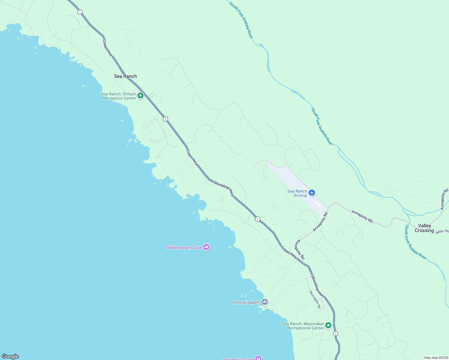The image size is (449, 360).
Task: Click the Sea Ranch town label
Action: tap(125, 76)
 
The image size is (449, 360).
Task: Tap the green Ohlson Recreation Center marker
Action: tap(140, 96)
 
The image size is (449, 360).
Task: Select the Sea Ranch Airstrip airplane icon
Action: tap(312, 193)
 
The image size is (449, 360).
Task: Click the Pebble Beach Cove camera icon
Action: tap(206, 247)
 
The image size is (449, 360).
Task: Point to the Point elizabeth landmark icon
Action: tap(264, 302)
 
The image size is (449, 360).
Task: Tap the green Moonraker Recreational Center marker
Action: tap(328, 325)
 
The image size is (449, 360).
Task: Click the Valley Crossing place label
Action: tap(424, 228)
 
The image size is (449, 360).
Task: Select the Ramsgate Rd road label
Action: tap(315, 299)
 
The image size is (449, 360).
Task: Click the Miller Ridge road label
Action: tap(442, 231)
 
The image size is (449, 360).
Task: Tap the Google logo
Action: tap(10, 356)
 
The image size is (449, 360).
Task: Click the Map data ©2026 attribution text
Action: tap(435, 358)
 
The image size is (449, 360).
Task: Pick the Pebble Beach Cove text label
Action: tap(184, 247)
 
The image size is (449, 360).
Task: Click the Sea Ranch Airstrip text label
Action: tap(297, 193)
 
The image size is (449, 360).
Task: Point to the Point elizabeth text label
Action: tap(246, 302)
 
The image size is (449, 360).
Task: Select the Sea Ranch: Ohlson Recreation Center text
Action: tap(119, 96)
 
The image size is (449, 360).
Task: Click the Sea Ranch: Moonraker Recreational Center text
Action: tap(303, 326)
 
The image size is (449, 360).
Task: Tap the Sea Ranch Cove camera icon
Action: tap(258, 358)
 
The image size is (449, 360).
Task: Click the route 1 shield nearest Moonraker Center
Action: tap(336, 333)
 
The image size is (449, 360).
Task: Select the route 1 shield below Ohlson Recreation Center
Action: tap(165, 119)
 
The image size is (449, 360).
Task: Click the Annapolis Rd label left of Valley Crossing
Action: tap(362, 216)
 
